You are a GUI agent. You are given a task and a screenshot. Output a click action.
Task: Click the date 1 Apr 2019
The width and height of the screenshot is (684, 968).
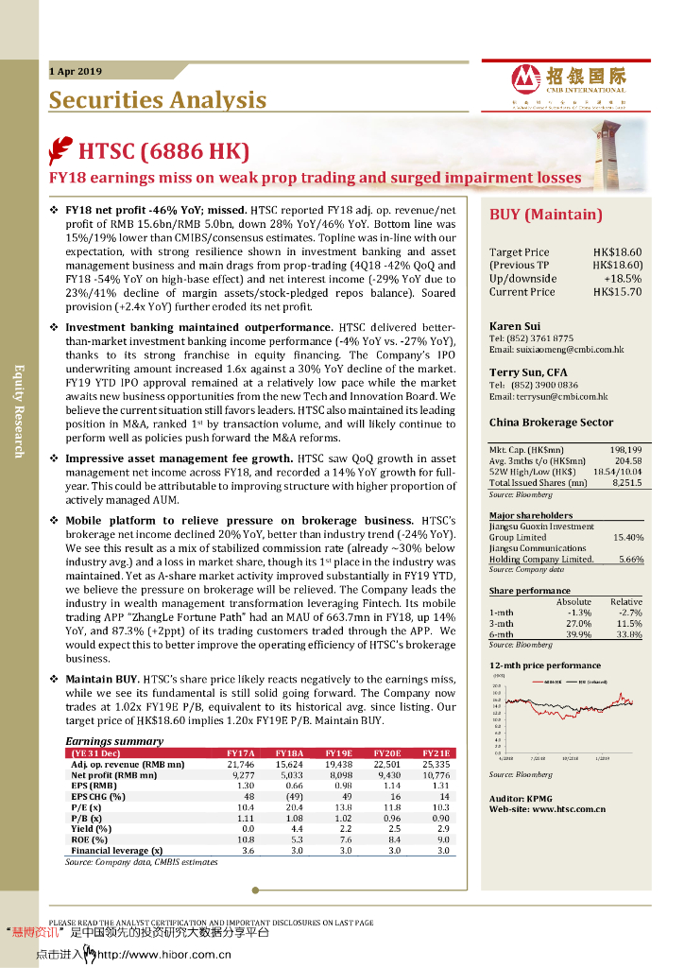(76, 72)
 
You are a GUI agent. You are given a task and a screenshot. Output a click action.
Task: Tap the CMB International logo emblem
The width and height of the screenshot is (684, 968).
(524, 78)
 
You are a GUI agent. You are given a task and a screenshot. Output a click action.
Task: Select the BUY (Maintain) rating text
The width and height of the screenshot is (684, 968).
(545, 215)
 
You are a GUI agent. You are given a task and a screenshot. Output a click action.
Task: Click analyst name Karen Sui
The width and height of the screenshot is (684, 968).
(514, 326)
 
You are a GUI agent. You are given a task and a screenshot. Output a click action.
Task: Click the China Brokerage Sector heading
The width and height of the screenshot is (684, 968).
(551, 423)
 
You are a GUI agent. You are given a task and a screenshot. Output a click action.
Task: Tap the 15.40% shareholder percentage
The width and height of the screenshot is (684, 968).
(628, 537)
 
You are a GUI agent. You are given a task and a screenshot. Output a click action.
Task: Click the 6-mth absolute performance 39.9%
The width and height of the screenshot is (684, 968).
(577, 635)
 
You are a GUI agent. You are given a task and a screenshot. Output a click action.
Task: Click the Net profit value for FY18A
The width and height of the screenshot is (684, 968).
(289, 775)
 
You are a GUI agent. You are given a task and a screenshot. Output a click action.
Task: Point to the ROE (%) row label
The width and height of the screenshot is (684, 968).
(90, 839)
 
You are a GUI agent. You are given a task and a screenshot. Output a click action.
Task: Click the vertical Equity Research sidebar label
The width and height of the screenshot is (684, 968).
(17, 410)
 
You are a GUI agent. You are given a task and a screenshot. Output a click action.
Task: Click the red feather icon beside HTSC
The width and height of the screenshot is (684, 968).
(61, 151)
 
